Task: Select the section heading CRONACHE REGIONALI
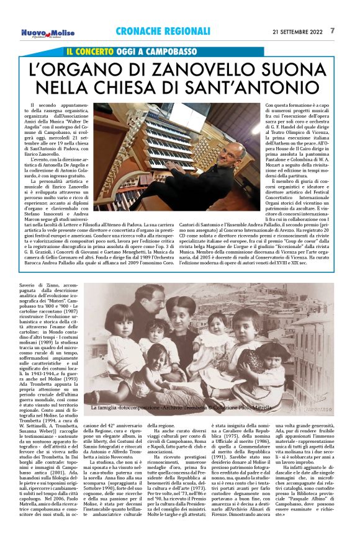pyautogui.click(x=163, y=31)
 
